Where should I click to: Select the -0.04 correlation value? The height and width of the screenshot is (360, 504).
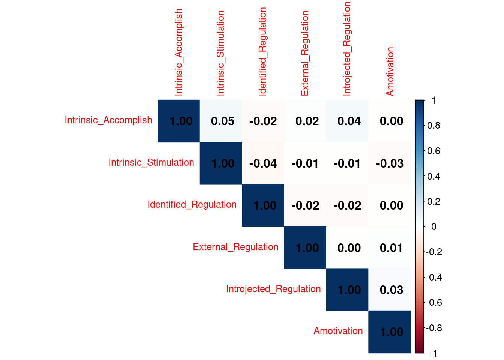(x=263, y=163)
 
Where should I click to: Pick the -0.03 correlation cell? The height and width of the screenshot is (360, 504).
(x=390, y=163)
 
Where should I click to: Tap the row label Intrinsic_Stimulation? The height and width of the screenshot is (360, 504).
(x=151, y=162)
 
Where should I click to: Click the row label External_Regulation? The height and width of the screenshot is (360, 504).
(x=235, y=247)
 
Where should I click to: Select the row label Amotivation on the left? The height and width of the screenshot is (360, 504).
(x=338, y=331)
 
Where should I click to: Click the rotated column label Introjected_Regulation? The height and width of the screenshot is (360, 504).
(x=347, y=49)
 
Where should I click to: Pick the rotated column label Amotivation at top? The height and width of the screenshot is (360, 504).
(x=390, y=71)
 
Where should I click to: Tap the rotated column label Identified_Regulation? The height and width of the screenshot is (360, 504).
(x=262, y=51)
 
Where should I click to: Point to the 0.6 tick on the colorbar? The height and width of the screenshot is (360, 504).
(x=433, y=151)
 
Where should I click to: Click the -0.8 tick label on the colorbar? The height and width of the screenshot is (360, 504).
(x=434, y=328)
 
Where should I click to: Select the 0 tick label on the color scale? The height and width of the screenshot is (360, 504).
(x=433, y=226)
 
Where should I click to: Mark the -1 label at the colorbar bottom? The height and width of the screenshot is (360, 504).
(x=433, y=353)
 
